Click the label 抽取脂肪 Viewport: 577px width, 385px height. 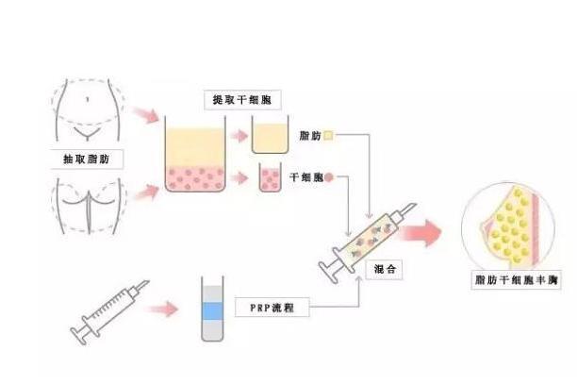pyautogui.click(x=87, y=159)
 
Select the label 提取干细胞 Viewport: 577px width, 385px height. pyautogui.click(x=236, y=99)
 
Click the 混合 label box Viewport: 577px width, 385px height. pyautogui.click(x=383, y=269)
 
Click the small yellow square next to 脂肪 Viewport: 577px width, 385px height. pyautogui.click(x=328, y=136)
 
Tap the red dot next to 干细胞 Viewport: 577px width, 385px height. pyautogui.click(x=330, y=176)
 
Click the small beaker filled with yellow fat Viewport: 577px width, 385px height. pyautogui.click(x=273, y=140)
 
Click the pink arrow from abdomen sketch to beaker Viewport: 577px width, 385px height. pyautogui.click(x=147, y=115)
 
